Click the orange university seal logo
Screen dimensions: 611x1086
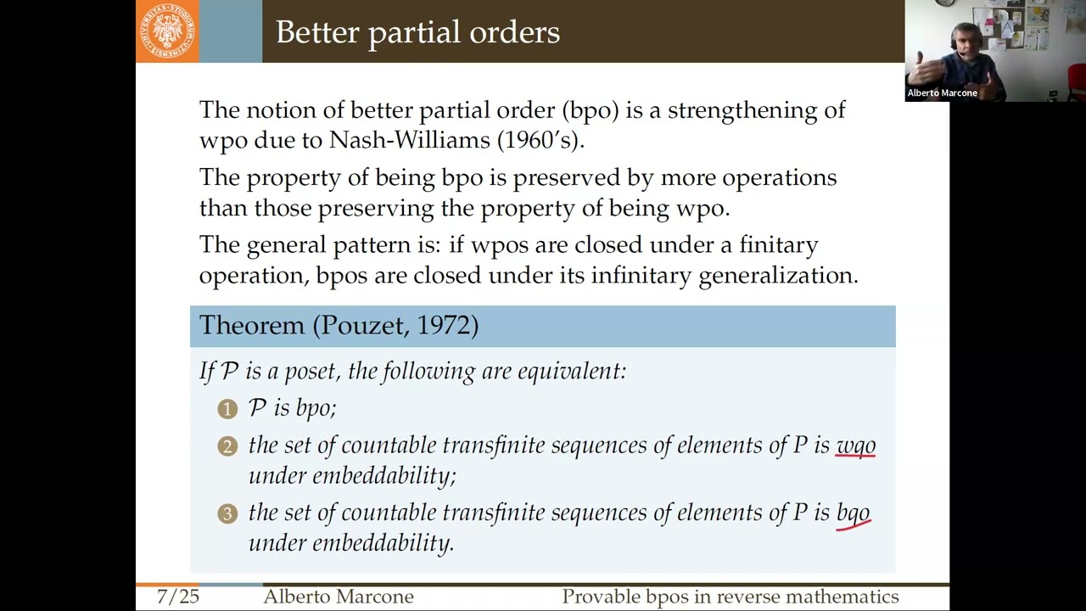pyautogui.click(x=167, y=31)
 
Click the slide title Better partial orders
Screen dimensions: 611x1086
pyautogui.click(x=417, y=32)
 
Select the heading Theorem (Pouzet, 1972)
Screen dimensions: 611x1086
pyautogui.click(x=339, y=326)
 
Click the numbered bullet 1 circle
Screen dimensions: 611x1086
pyautogui.click(x=227, y=409)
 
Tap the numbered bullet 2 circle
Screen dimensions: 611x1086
pyautogui.click(x=227, y=446)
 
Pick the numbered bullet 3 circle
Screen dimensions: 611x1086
pyautogui.click(x=227, y=513)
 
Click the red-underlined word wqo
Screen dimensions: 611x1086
pyautogui.click(x=855, y=446)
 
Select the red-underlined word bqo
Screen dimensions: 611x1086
pyautogui.click(x=854, y=513)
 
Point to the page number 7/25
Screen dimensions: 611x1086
pyautogui.click(x=178, y=597)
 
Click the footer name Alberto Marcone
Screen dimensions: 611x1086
pyautogui.click(x=338, y=597)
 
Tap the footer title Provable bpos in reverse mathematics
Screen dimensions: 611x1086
pyautogui.click(x=730, y=597)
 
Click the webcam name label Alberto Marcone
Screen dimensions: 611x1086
pyautogui.click(x=942, y=92)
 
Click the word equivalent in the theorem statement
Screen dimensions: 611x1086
pyautogui.click(x=571, y=372)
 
